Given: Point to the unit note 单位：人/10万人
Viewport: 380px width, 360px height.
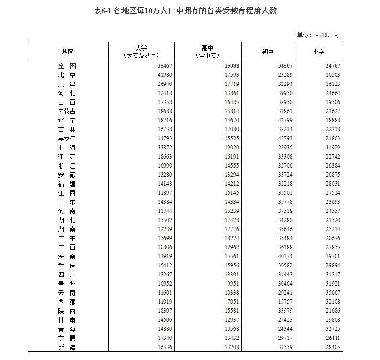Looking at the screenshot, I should click(x=317, y=35).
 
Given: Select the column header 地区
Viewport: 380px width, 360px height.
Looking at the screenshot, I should click(x=67, y=52).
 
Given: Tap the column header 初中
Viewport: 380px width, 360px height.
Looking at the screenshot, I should click(x=268, y=52).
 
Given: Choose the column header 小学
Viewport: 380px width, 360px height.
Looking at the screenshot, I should click(x=318, y=52).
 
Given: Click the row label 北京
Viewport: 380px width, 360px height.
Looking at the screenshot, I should click(x=67, y=75).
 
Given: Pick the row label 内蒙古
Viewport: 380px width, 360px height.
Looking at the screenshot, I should click(x=67, y=111).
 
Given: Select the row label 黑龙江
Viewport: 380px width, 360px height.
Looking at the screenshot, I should click(x=67, y=138).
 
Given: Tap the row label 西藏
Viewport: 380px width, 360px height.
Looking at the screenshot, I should click(x=67, y=302).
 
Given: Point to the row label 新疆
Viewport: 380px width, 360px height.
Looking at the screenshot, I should click(x=67, y=347).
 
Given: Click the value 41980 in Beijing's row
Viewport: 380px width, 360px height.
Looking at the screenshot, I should click(x=162, y=75).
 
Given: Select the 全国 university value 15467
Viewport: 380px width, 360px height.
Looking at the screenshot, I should click(x=162, y=66).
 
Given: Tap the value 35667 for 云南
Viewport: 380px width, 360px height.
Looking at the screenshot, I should click(x=330, y=293).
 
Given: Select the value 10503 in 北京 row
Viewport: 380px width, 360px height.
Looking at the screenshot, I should click(x=330, y=75).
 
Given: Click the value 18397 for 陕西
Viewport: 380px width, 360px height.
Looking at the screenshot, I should click(x=162, y=311).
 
